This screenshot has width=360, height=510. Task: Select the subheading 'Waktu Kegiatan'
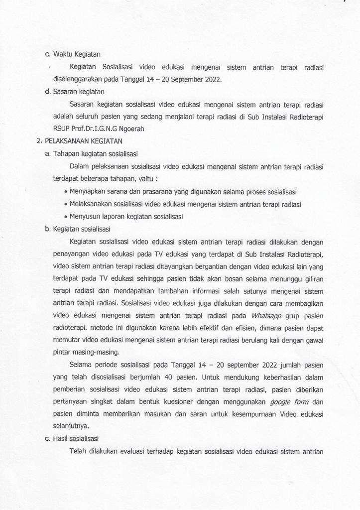[x=77, y=54]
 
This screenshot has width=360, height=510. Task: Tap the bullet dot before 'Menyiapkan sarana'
[x=66, y=192]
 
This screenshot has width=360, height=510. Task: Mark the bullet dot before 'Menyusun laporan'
[x=66, y=217]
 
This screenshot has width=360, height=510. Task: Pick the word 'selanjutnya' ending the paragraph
[x=71, y=426]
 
